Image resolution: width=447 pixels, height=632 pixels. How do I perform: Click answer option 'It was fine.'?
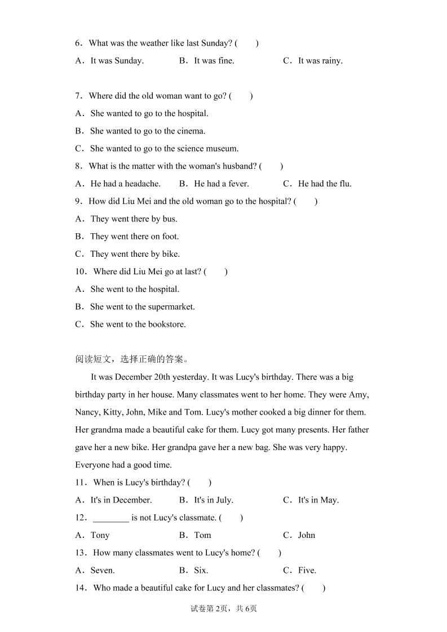tap(214, 61)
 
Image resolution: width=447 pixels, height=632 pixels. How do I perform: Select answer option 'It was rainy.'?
tap(320, 61)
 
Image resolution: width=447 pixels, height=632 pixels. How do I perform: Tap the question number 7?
tap(79, 96)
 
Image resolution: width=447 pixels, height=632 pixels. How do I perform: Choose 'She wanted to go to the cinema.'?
tap(148, 131)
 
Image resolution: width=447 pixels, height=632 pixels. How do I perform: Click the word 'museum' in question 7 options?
tap(224, 149)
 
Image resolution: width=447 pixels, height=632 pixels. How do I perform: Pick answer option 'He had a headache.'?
tap(125, 184)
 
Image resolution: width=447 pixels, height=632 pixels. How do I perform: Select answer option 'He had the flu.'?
tap(324, 184)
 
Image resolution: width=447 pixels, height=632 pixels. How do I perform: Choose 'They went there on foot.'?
tap(134, 237)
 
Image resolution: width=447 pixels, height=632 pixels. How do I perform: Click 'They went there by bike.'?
tap(135, 254)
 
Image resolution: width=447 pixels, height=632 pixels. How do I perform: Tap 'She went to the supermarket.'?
tap(142, 307)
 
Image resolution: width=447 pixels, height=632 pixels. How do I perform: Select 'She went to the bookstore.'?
tap(138, 324)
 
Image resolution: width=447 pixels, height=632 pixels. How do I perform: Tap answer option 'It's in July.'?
tap(213, 500)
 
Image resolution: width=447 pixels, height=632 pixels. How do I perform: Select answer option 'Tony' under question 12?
tap(100, 535)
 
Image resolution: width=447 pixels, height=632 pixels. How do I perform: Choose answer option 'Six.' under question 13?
tap(201, 571)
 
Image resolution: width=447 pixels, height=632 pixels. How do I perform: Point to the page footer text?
tap(224, 608)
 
